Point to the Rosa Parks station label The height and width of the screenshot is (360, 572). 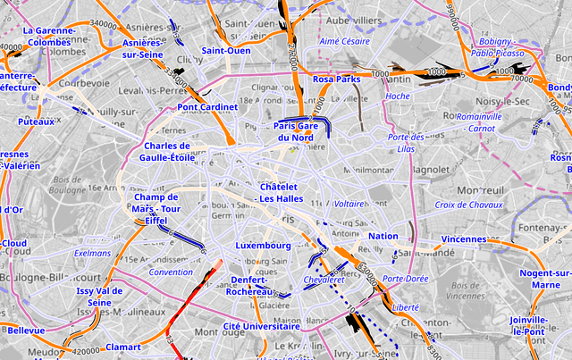point(336,80)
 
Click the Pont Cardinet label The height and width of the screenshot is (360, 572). point(207,107)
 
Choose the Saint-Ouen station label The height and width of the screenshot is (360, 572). point(225,51)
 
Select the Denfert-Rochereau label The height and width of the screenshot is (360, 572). point(244,286)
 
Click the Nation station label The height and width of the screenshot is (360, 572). point(383,237)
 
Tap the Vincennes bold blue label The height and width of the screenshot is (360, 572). point(463,239)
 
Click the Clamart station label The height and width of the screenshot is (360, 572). point(123,347)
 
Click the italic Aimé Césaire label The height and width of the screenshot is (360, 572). point(344,41)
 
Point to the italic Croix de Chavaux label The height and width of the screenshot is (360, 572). point(468,205)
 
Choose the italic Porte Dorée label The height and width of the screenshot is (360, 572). point(404,279)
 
